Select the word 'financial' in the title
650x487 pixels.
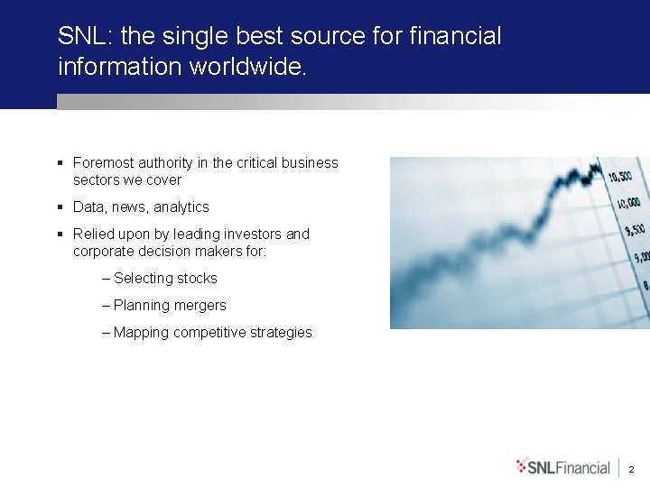click(455, 36)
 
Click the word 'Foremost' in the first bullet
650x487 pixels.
click(102, 163)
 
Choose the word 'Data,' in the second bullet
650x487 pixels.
click(90, 207)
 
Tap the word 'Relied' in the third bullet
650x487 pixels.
click(93, 234)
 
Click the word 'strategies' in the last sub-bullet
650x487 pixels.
click(278, 333)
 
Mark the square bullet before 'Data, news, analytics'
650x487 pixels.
click(60, 207)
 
